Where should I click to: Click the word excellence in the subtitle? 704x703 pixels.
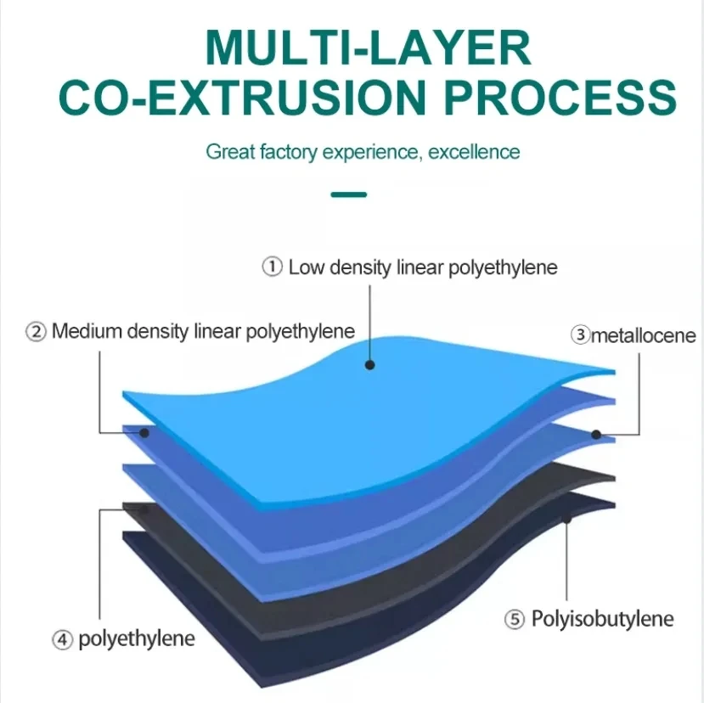[x=474, y=153]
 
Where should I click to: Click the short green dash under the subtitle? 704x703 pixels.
[x=349, y=194]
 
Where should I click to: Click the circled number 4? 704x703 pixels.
[x=62, y=640]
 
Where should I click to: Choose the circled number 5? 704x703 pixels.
[x=515, y=620]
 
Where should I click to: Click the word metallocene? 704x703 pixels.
[x=643, y=336]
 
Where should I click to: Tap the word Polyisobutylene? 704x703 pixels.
[x=602, y=619]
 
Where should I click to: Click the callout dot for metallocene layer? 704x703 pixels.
[x=596, y=435]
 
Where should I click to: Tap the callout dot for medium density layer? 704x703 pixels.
[x=144, y=432]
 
